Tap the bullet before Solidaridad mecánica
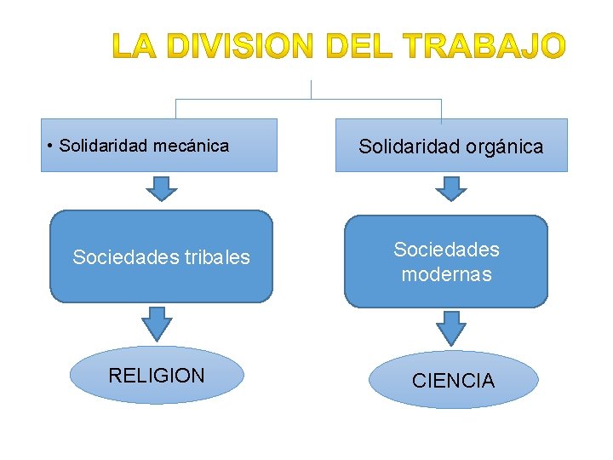(52, 146)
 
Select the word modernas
(446, 274)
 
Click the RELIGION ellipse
(157, 375)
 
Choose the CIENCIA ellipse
(453, 381)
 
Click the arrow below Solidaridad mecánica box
(161, 187)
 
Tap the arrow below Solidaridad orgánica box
(450, 187)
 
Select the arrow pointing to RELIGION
(156, 322)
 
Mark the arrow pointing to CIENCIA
(450, 326)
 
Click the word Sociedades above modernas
(446, 250)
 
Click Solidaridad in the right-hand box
(408, 147)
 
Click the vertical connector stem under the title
(312, 89)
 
